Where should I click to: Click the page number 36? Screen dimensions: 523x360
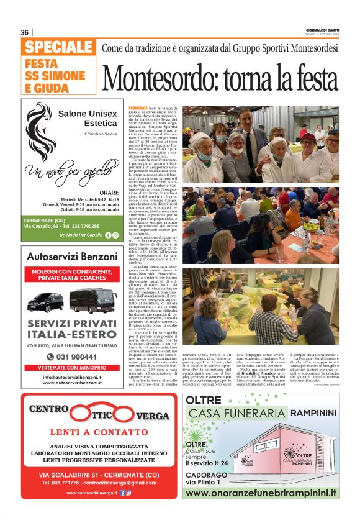click(25, 33)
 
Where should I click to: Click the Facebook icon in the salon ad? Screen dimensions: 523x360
click(109, 235)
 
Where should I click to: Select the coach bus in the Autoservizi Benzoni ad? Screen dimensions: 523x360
click(92, 301)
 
